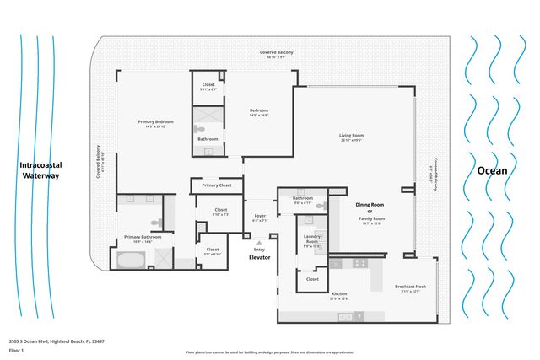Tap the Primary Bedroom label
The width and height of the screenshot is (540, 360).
pyautogui.click(x=154, y=122)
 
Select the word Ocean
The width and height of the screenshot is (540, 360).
pyautogui.click(x=493, y=170)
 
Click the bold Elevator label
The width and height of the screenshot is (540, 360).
pyautogui.click(x=259, y=257)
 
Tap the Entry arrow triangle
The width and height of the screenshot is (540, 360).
pyautogui.click(x=259, y=242)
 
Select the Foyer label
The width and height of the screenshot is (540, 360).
pyautogui.click(x=260, y=216)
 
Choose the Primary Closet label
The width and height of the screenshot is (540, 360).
pyautogui.click(x=217, y=185)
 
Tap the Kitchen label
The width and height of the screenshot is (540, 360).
pyautogui.click(x=338, y=294)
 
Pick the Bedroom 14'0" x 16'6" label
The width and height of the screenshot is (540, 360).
pyautogui.click(x=259, y=111)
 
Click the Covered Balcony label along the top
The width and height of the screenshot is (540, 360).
pyautogui.click(x=276, y=52)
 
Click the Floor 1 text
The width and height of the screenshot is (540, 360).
pyautogui.click(x=14, y=348)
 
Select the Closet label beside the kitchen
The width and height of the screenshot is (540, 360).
pyautogui.click(x=312, y=279)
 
